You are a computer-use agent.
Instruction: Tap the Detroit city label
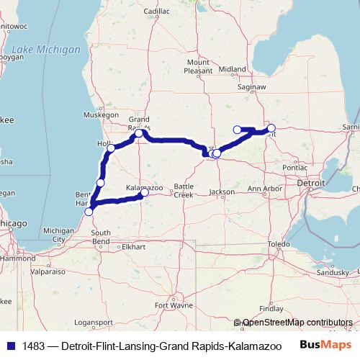tap(312, 184)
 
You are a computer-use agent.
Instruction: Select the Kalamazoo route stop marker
tap(145, 192)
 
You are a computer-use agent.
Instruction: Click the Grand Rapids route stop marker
tap(139, 134)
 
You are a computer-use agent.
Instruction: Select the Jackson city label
tap(222, 192)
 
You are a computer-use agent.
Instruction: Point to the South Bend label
tap(100, 237)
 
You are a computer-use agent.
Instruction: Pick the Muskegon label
tap(101, 114)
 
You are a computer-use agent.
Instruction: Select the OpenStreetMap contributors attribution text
tap(297, 323)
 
